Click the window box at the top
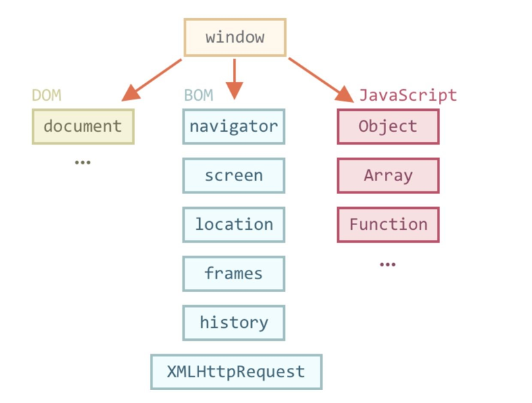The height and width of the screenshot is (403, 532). [235, 37]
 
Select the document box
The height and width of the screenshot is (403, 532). [83, 126]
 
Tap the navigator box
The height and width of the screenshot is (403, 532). [234, 126]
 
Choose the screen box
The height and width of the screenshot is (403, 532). [234, 176]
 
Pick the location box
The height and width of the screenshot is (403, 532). [234, 224]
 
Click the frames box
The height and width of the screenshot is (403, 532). [234, 274]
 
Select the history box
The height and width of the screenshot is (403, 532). [234, 323]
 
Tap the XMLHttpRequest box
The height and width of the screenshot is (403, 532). [236, 372]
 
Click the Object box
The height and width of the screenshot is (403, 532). [388, 126]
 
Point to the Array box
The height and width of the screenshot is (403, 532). [388, 176]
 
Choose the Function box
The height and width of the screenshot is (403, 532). [388, 224]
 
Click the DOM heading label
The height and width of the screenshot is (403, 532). [47, 95]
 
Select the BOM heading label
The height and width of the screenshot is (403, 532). [198, 95]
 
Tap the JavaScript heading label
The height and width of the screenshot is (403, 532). [408, 95]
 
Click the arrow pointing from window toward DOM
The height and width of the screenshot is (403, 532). [152, 80]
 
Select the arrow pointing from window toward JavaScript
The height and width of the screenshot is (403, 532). [321, 80]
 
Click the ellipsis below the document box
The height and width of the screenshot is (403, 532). [82, 163]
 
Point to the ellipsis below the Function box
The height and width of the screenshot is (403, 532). [388, 264]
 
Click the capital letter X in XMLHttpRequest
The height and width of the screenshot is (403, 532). [172, 372]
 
